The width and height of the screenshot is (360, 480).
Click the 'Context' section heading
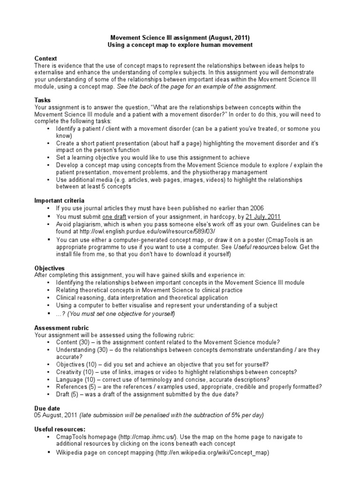click(46, 58)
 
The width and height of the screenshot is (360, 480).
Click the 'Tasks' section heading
click(43, 100)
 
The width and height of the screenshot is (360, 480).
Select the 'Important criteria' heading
click(60, 200)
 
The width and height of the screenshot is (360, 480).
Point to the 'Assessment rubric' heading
click(61, 328)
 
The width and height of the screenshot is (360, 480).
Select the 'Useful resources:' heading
click(60, 429)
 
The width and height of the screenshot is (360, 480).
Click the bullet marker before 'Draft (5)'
click(49, 394)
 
